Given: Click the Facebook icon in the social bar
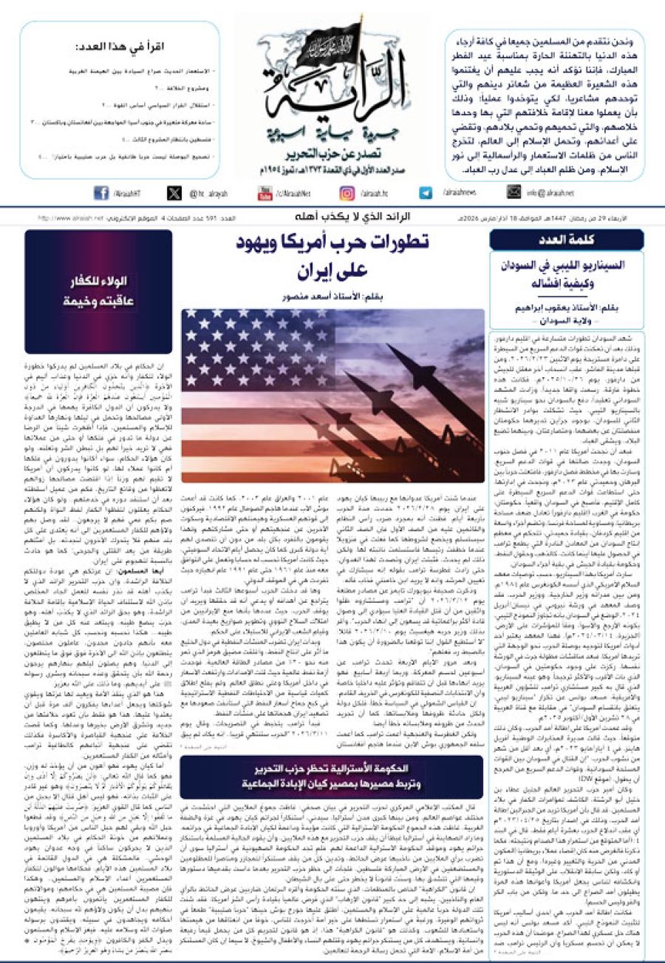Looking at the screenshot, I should pyautogui.click(x=100, y=193).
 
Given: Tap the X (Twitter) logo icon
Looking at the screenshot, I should pyautogui.click(x=174, y=193).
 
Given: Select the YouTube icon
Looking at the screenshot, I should pyautogui.click(x=264, y=193).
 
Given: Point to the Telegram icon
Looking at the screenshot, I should pyautogui.click(x=426, y=193).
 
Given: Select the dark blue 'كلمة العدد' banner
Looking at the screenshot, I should pyautogui.click(x=565, y=239).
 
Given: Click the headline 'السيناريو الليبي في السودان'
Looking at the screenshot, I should pyautogui.click(x=566, y=271).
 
